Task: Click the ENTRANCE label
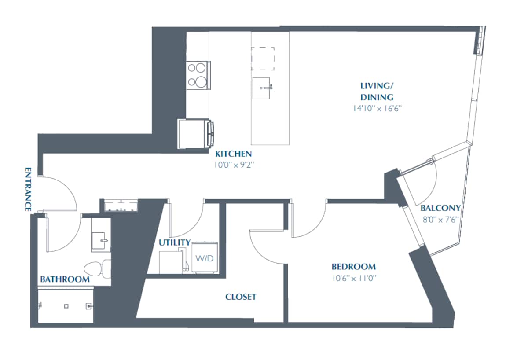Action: [x=28, y=189]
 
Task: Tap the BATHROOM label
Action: [x=65, y=279]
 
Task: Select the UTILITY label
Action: [x=175, y=242]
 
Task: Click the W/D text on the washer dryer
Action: [x=204, y=258]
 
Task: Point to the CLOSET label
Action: [x=241, y=297]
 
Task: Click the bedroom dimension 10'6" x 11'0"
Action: [x=353, y=278]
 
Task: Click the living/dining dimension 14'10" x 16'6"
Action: [x=377, y=108]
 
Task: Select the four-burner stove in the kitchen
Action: [x=198, y=75]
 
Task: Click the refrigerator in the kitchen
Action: [x=194, y=134]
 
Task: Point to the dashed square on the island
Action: [x=263, y=59]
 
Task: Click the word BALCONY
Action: [x=440, y=208]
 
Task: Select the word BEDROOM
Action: [x=353, y=267]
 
